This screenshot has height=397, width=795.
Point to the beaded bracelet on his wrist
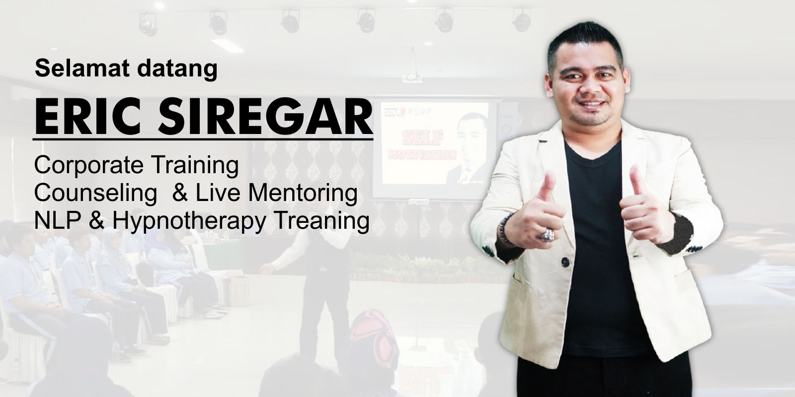point(502,229)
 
